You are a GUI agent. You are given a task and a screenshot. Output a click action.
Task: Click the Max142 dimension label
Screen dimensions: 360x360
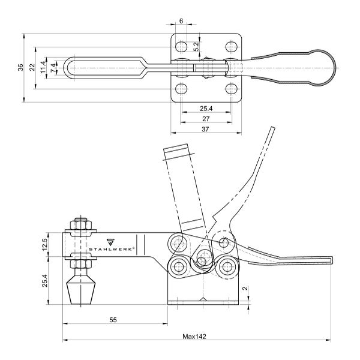tap(194, 337)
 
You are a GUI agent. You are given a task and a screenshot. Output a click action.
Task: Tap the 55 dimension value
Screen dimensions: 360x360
tap(113, 320)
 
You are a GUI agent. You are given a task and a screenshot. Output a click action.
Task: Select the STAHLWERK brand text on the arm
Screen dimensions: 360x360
tap(112, 249)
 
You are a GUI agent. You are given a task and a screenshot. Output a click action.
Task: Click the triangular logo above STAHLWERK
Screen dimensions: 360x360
tap(110, 242)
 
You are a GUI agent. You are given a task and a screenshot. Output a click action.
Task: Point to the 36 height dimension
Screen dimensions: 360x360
tap(20, 67)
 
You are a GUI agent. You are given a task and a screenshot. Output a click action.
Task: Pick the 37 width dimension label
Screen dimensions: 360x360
tap(205, 129)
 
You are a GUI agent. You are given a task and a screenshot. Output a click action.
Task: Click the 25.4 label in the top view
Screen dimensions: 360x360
tap(206, 109)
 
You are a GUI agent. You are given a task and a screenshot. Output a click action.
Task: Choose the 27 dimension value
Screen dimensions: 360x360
tap(206, 119)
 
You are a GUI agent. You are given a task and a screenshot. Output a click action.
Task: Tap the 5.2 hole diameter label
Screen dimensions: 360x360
tap(196, 47)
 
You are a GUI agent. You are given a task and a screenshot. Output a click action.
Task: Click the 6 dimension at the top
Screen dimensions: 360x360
tap(181, 21)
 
